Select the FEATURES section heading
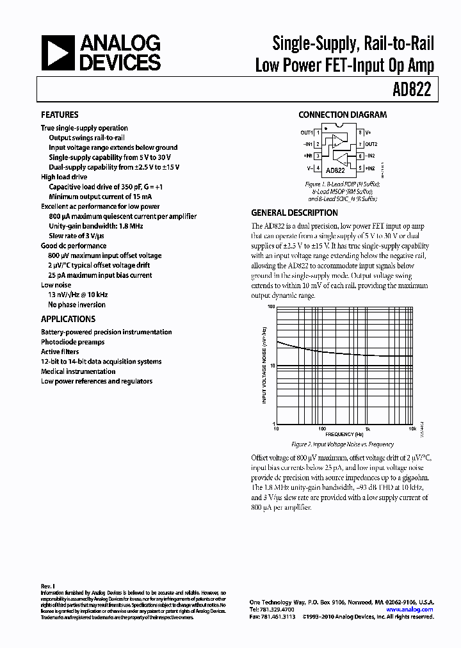[60, 115]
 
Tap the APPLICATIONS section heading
[68, 319]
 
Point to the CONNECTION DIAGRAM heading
[343, 115]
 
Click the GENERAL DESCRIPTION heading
[294, 213]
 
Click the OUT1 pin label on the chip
[307, 133]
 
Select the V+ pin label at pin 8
[369, 133]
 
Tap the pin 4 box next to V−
[318, 168]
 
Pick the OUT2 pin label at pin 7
[372, 144]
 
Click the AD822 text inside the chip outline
[335, 171]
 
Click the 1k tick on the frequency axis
[368, 429]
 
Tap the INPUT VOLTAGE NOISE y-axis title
[264, 365]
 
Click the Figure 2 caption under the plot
[343, 444]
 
